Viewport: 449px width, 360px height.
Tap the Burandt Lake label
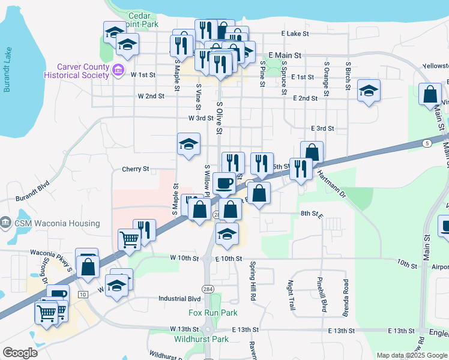tap(7, 70)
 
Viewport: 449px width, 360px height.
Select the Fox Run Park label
tap(213, 313)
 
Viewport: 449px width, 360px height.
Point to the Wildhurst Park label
tap(201, 339)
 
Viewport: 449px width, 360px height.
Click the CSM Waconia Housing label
tap(58, 223)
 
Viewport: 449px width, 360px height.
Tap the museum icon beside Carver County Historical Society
tap(118, 71)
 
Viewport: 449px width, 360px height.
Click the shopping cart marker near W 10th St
tap(130, 239)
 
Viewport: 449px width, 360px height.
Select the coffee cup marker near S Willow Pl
tap(224, 182)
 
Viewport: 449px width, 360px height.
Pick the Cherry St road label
tap(136, 169)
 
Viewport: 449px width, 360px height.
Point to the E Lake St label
tap(295, 35)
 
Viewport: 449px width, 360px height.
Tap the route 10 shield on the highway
tap(83, 293)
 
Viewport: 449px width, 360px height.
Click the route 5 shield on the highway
tap(426, 143)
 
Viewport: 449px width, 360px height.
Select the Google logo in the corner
tap(20, 353)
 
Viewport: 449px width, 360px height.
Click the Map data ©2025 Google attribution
tap(411, 355)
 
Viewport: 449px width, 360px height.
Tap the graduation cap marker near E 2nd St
tap(369, 91)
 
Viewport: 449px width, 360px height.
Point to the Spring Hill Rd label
tap(253, 273)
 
